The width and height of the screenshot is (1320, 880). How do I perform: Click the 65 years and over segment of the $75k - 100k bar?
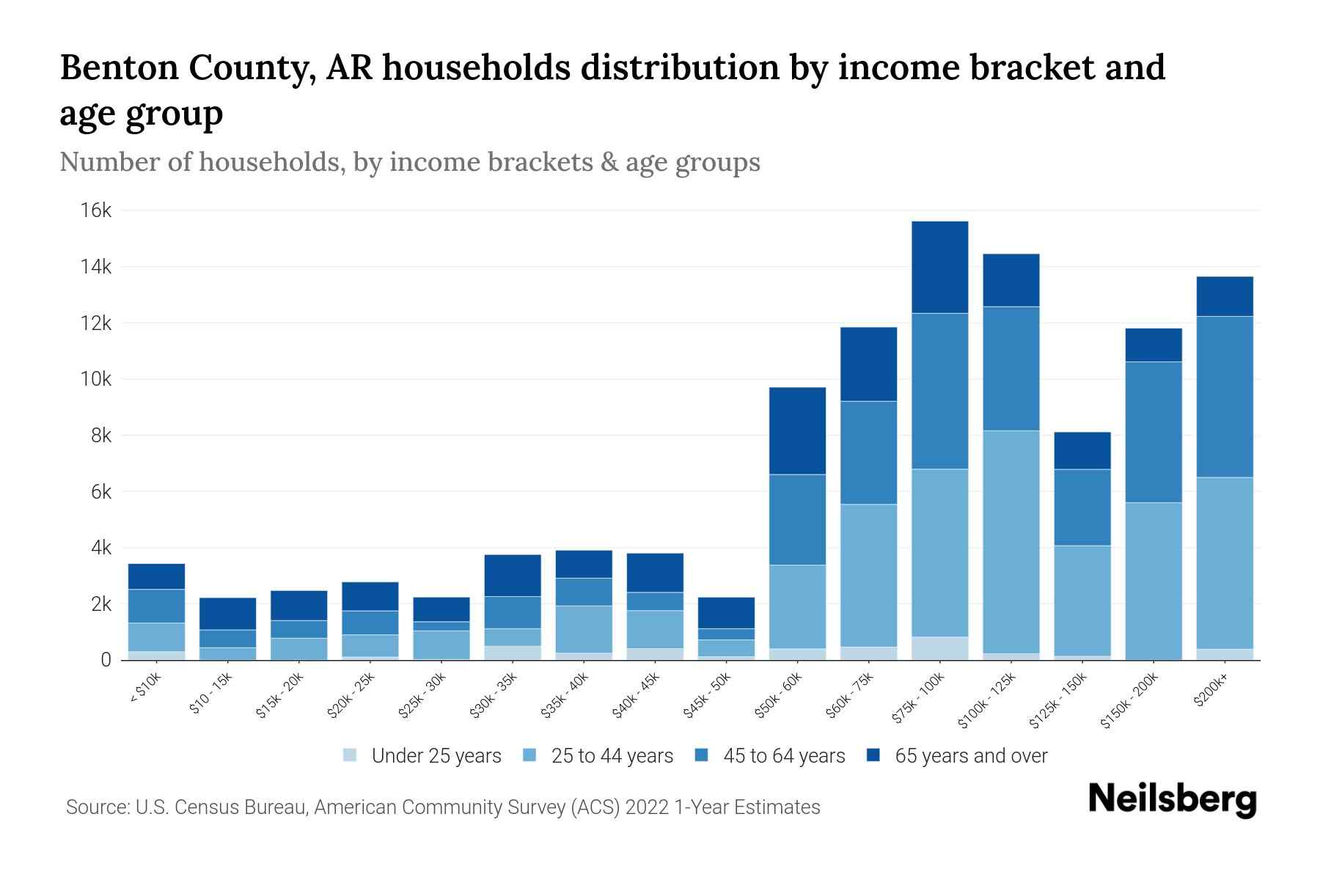pyautogui.click(x=939, y=267)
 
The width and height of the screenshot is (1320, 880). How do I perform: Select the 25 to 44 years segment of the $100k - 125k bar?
pyautogui.click(x=1011, y=541)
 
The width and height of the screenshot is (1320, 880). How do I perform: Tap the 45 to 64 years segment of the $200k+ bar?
pyautogui.click(x=1224, y=397)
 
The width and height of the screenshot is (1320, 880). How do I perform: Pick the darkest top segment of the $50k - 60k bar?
pyautogui.click(x=797, y=430)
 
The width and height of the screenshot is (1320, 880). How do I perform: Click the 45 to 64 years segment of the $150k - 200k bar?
pyautogui.click(x=1153, y=432)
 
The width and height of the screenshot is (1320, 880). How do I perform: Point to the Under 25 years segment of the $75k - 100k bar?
pyautogui.click(x=939, y=648)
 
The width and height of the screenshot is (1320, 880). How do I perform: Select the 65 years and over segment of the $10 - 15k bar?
pyautogui.click(x=227, y=614)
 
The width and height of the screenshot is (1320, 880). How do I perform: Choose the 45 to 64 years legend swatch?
pyautogui.click(x=702, y=755)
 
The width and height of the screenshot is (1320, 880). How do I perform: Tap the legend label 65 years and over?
pyautogui.click(x=970, y=756)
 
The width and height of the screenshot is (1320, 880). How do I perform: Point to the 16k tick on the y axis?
pyautogui.click(x=96, y=211)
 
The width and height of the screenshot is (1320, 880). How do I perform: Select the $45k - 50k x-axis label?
pyautogui.click(x=708, y=697)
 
